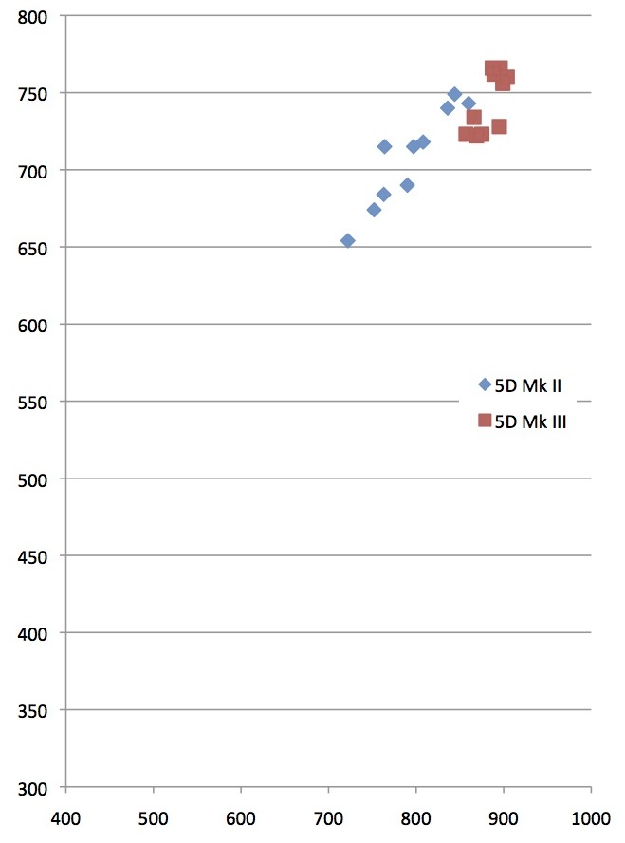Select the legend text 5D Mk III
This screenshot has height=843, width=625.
pos(531,422)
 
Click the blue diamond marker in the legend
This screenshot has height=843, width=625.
pos(485,384)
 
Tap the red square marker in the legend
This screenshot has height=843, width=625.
pos(485,421)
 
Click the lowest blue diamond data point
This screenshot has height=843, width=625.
pos(347,241)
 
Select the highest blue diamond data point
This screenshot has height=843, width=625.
pos(454,94)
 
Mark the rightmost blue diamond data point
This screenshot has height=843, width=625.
pos(469,103)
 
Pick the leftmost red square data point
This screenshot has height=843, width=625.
pos(465,135)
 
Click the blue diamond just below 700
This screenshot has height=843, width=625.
pos(407,185)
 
